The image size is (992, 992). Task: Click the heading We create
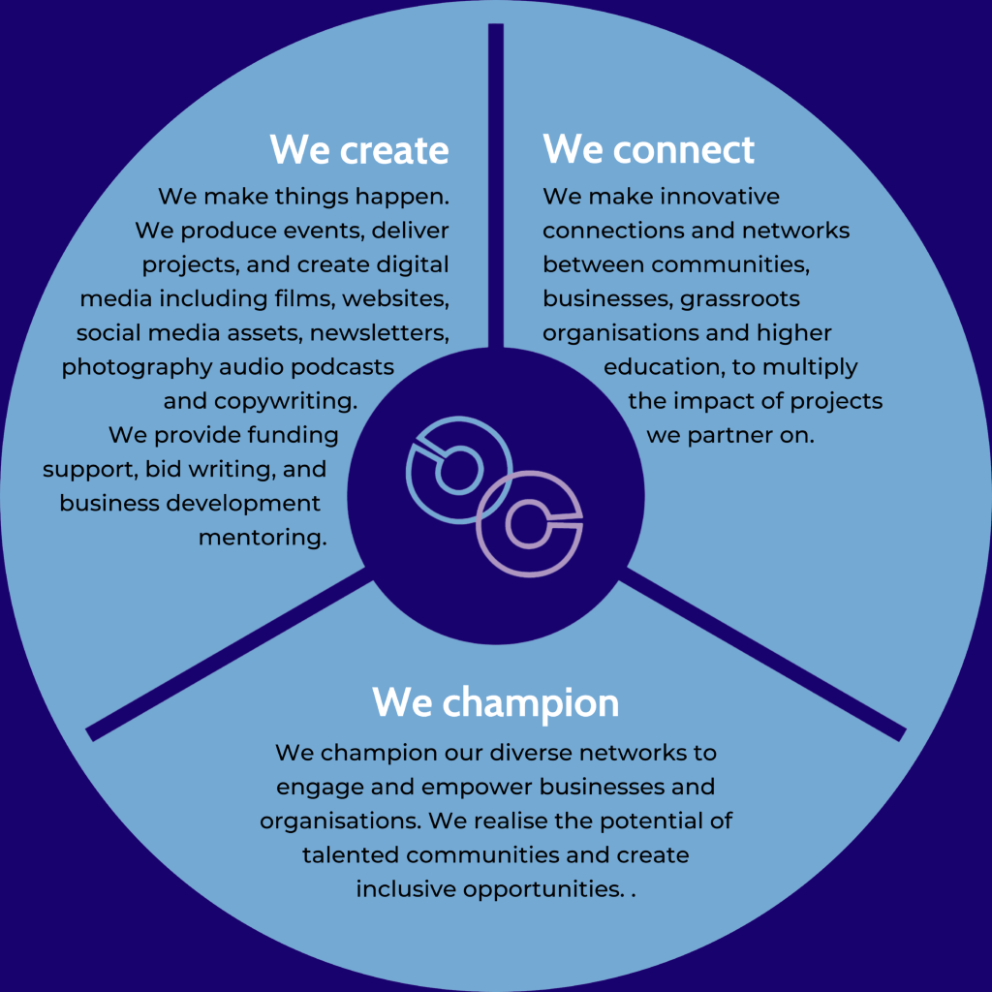[359, 150]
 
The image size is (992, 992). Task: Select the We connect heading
[648, 150]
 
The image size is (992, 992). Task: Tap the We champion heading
[495, 702]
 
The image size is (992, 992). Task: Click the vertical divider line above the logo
[496, 184]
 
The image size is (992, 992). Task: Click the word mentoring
[262, 537]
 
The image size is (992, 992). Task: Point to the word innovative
[720, 197]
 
